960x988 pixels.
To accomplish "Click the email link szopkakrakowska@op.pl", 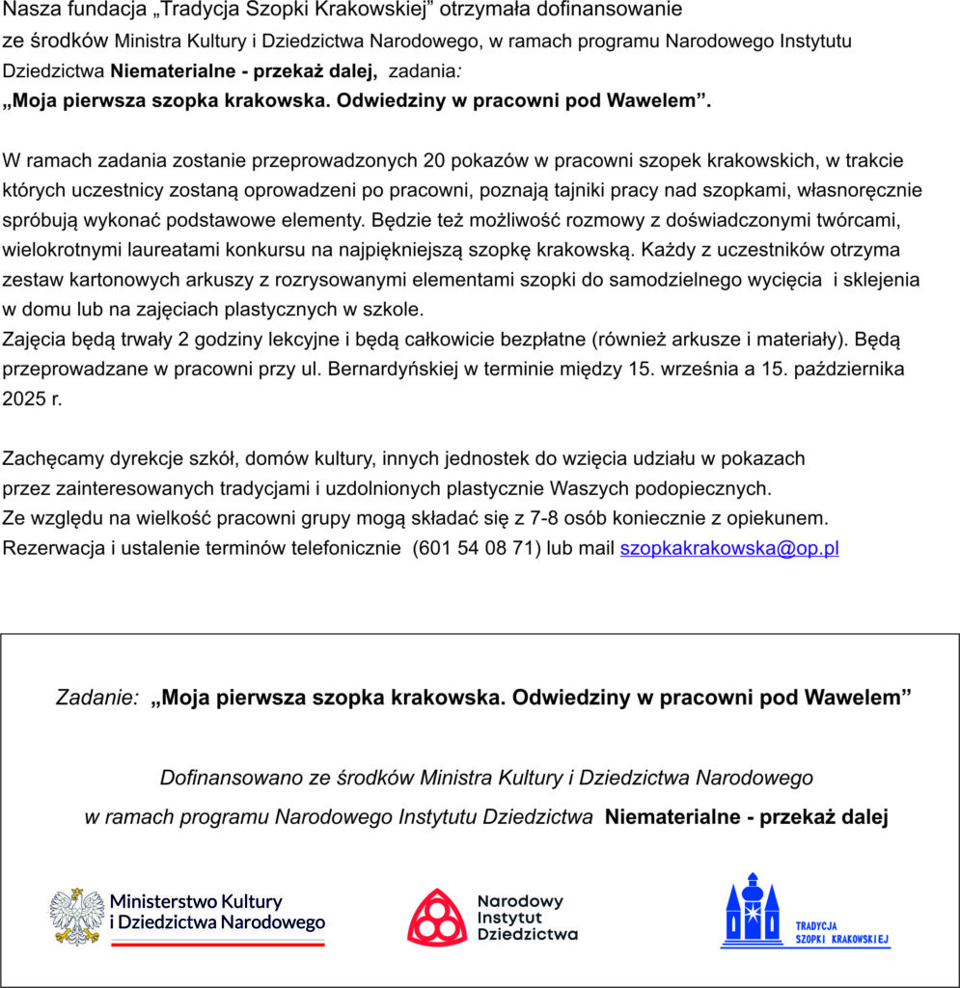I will (x=728, y=548).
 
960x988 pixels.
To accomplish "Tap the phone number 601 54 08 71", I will (x=477, y=548).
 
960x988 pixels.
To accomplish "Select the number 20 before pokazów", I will (x=447, y=160).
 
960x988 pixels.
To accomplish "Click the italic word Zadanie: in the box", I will (x=97, y=697).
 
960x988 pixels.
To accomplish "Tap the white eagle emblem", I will (x=77, y=916).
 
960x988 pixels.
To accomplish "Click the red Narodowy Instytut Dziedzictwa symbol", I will (x=436, y=916).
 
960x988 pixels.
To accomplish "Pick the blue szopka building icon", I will (x=752, y=910).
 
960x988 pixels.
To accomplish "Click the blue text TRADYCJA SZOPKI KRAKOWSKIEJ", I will (x=841, y=932).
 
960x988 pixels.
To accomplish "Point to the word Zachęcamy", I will (x=48, y=457).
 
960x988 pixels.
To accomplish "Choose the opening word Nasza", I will (x=29, y=11).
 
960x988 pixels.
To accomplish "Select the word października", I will (x=848, y=369).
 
